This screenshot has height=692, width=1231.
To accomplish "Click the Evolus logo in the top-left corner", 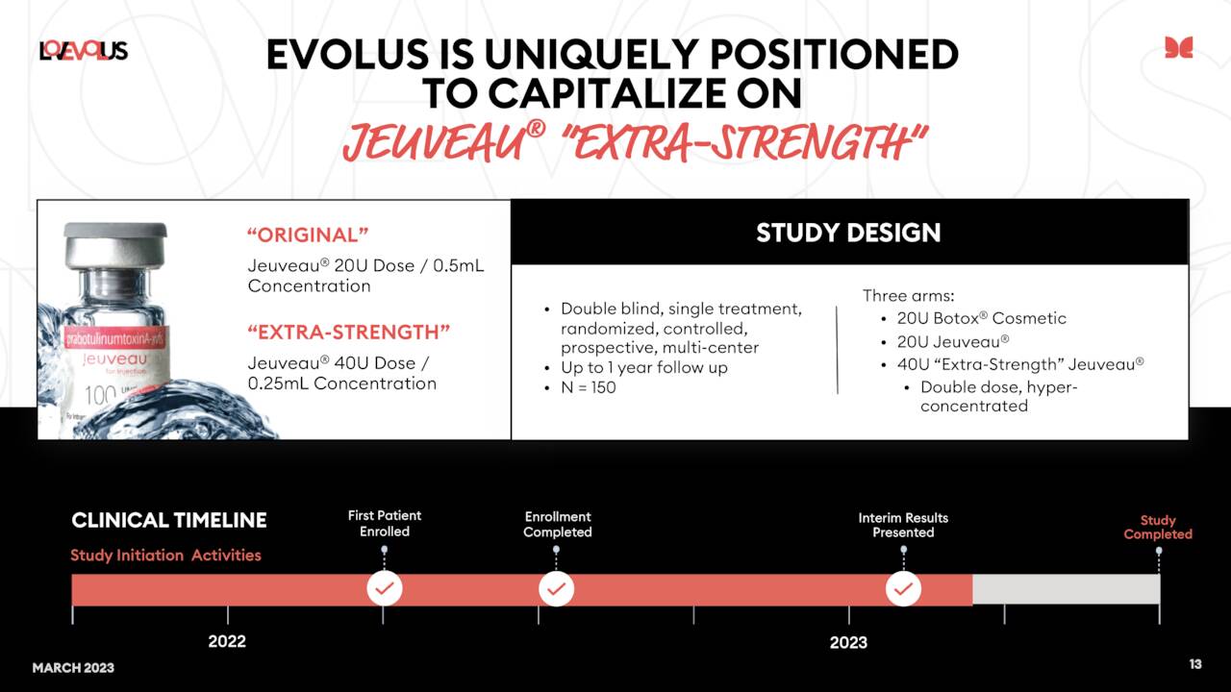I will [83, 50].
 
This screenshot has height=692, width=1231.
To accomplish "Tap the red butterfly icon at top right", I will [1178, 47].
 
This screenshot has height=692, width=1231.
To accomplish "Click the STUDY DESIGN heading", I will [848, 233].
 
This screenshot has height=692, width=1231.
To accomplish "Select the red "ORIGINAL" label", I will [308, 235].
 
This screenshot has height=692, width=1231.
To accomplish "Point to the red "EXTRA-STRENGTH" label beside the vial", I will [349, 333].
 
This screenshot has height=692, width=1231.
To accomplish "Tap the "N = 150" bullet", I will [588, 387].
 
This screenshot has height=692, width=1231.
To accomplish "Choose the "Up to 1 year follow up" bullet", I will [643, 367].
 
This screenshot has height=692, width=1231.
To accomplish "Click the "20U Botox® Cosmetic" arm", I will [981, 318].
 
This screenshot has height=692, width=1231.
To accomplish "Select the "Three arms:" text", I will [907, 296].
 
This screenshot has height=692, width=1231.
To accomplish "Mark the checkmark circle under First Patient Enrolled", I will [385, 588].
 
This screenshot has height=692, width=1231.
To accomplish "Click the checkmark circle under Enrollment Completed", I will [556, 588].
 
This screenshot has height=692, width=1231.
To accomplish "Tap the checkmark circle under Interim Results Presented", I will [902, 588].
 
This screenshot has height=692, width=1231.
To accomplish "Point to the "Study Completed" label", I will [1158, 527].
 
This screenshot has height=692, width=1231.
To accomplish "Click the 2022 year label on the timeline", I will [227, 641].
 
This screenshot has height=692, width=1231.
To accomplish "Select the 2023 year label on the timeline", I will [848, 641].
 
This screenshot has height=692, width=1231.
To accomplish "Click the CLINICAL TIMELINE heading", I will [169, 520].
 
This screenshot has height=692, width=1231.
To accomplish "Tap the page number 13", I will [1195, 664].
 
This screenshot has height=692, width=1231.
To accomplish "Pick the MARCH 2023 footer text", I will [73, 667].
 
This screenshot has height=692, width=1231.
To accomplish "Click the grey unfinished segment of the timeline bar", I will [1066, 589].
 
